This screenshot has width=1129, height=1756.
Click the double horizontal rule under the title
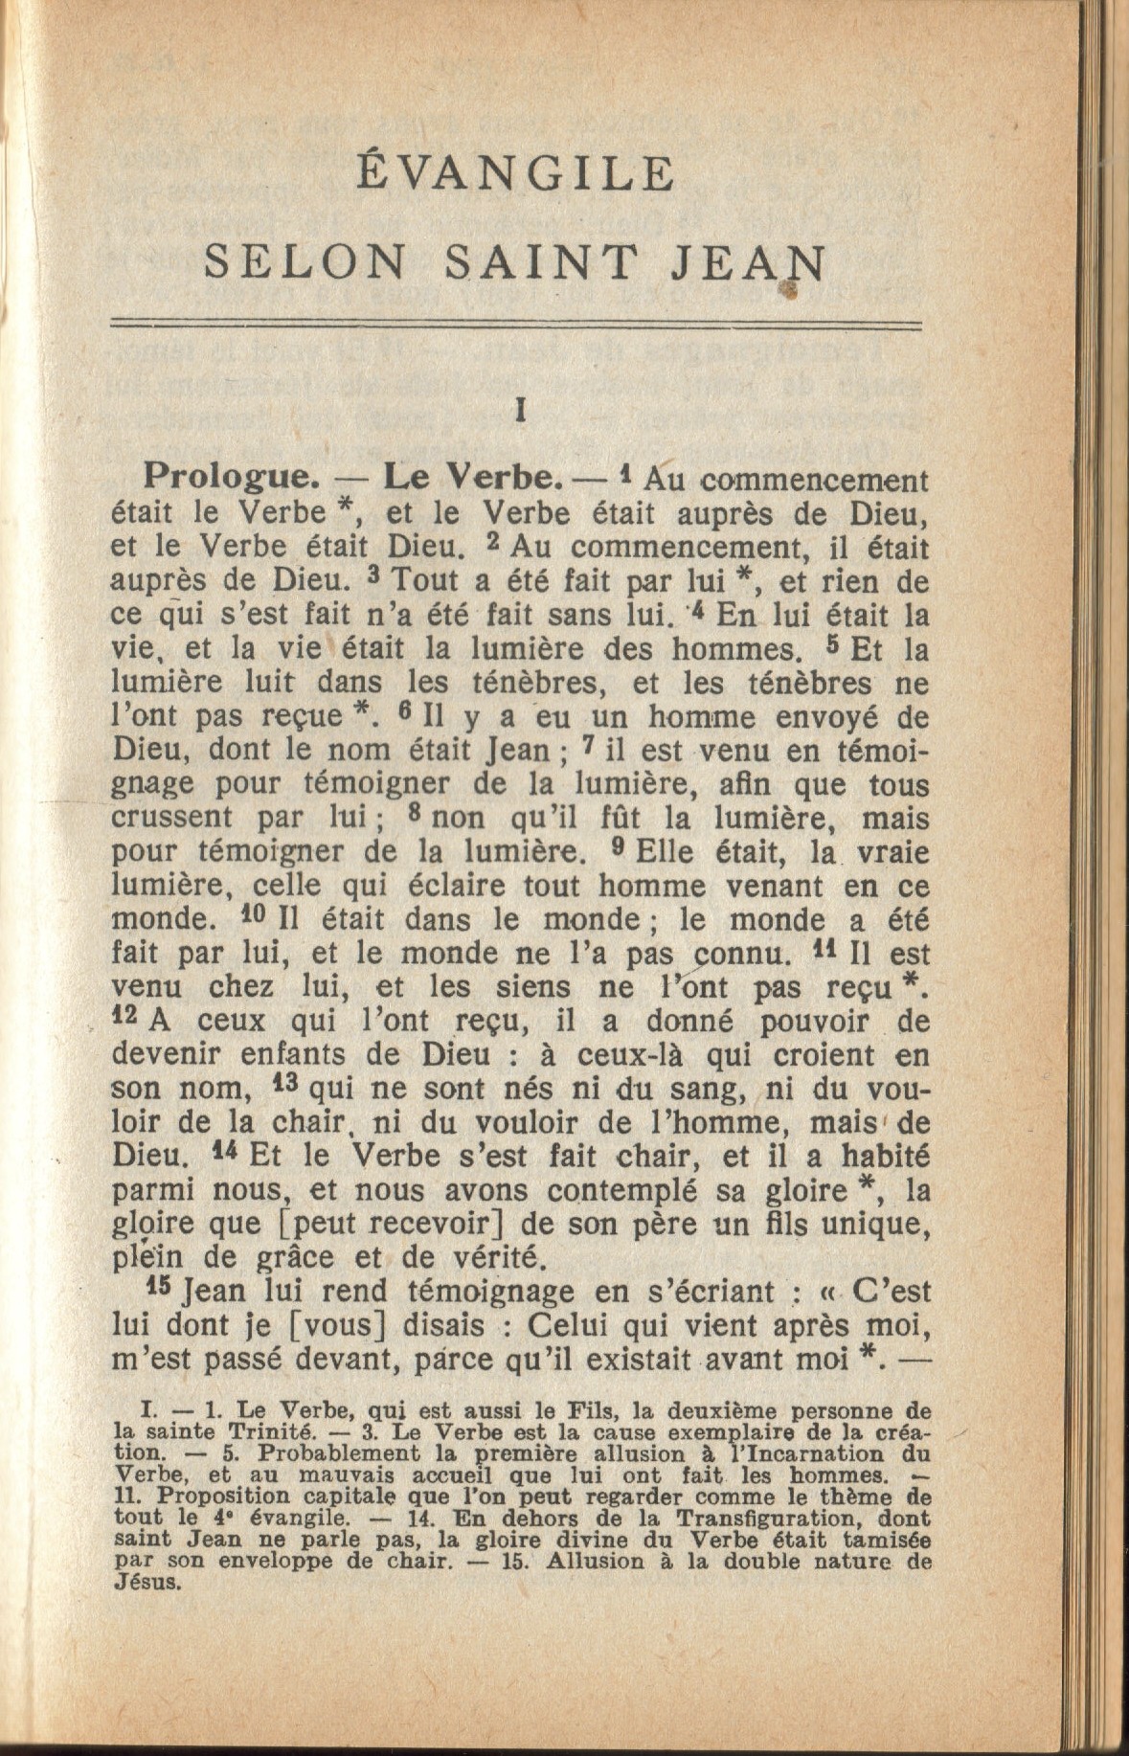(x=516, y=326)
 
